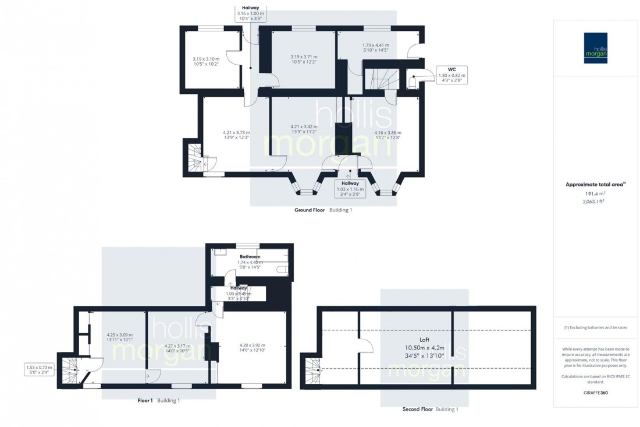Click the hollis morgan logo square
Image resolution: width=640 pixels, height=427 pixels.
tap(596, 48)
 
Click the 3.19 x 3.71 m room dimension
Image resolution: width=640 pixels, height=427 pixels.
tap(304, 59)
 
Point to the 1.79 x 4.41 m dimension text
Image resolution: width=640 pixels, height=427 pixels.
tap(375, 48)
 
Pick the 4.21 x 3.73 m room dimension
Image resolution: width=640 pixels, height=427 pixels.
tap(236, 135)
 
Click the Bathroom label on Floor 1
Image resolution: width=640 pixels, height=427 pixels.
tap(250, 256)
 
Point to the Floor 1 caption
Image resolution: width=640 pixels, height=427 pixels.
tap(145, 400)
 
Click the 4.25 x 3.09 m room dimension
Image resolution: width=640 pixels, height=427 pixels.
tap(119, 337)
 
